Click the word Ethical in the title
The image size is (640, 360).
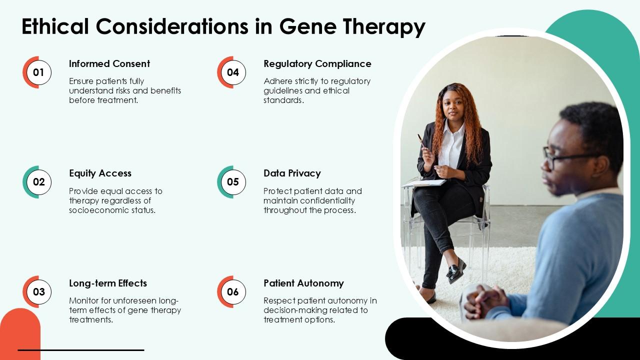click(55, 26)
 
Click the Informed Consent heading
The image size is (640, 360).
click(109, 63)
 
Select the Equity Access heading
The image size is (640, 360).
click(100, 173)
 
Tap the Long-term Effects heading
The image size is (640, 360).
click(108, 283)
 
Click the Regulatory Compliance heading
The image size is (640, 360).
click(317, 64)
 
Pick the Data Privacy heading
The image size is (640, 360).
click(292, 173)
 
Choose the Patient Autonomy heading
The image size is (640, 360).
click(303, 283)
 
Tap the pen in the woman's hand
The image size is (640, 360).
click(421, 141)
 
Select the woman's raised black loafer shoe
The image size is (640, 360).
click(456, 270)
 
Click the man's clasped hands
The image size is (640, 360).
click(485, 301)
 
